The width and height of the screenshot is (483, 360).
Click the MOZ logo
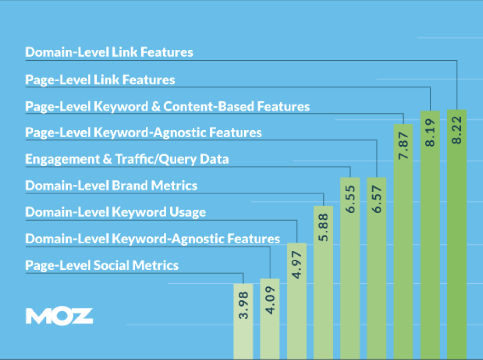click(x=60, y=316)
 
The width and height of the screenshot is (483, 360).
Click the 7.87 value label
click(x=403, y=146)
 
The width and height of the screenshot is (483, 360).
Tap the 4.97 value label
click(x=297, y=265)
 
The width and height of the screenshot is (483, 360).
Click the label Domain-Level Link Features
click(x=109, y=52)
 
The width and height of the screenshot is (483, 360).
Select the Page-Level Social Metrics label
click(x=102, y=265)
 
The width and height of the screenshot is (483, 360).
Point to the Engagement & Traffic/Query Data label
click(x=127, y=159)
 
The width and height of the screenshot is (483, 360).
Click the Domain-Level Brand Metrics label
click(x=111, y=185)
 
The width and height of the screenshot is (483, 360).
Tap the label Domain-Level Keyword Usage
click(x=116, y=212)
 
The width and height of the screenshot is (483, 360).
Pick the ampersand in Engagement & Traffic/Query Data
click(x=108, y=159)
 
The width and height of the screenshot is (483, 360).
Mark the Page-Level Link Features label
click(x=100, y=80)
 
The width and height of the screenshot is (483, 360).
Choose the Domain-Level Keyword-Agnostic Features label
click(x=153, y=239)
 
